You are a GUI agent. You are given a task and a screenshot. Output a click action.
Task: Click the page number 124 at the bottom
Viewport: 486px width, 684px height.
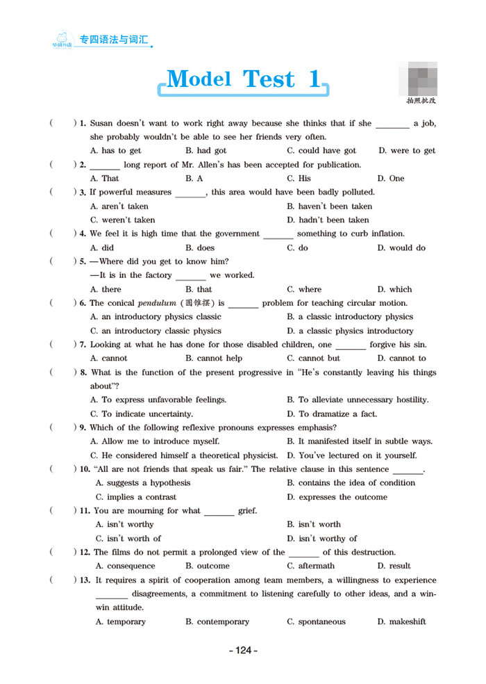point(243,651)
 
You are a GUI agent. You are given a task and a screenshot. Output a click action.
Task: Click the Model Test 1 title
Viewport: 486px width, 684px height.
point(244,80)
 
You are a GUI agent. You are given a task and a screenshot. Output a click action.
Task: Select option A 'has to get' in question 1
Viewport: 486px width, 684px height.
point(116,151)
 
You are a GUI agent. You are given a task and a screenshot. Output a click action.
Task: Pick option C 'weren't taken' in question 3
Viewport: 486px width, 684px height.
point(123,220)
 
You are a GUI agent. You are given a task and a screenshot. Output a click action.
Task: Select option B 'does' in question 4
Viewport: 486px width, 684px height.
point(200,248)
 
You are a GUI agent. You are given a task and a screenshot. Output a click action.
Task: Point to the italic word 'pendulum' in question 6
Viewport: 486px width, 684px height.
point(157,303)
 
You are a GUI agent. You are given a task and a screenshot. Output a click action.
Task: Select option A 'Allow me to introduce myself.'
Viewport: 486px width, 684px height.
point(155,441)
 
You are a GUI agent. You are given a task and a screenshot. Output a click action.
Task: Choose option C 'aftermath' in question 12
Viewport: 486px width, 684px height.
point(310,567)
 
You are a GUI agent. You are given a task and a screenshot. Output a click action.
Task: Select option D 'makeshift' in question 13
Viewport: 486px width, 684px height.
point(401,622)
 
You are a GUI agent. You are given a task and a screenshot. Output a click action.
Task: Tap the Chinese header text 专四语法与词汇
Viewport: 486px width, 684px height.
point(114,40)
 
